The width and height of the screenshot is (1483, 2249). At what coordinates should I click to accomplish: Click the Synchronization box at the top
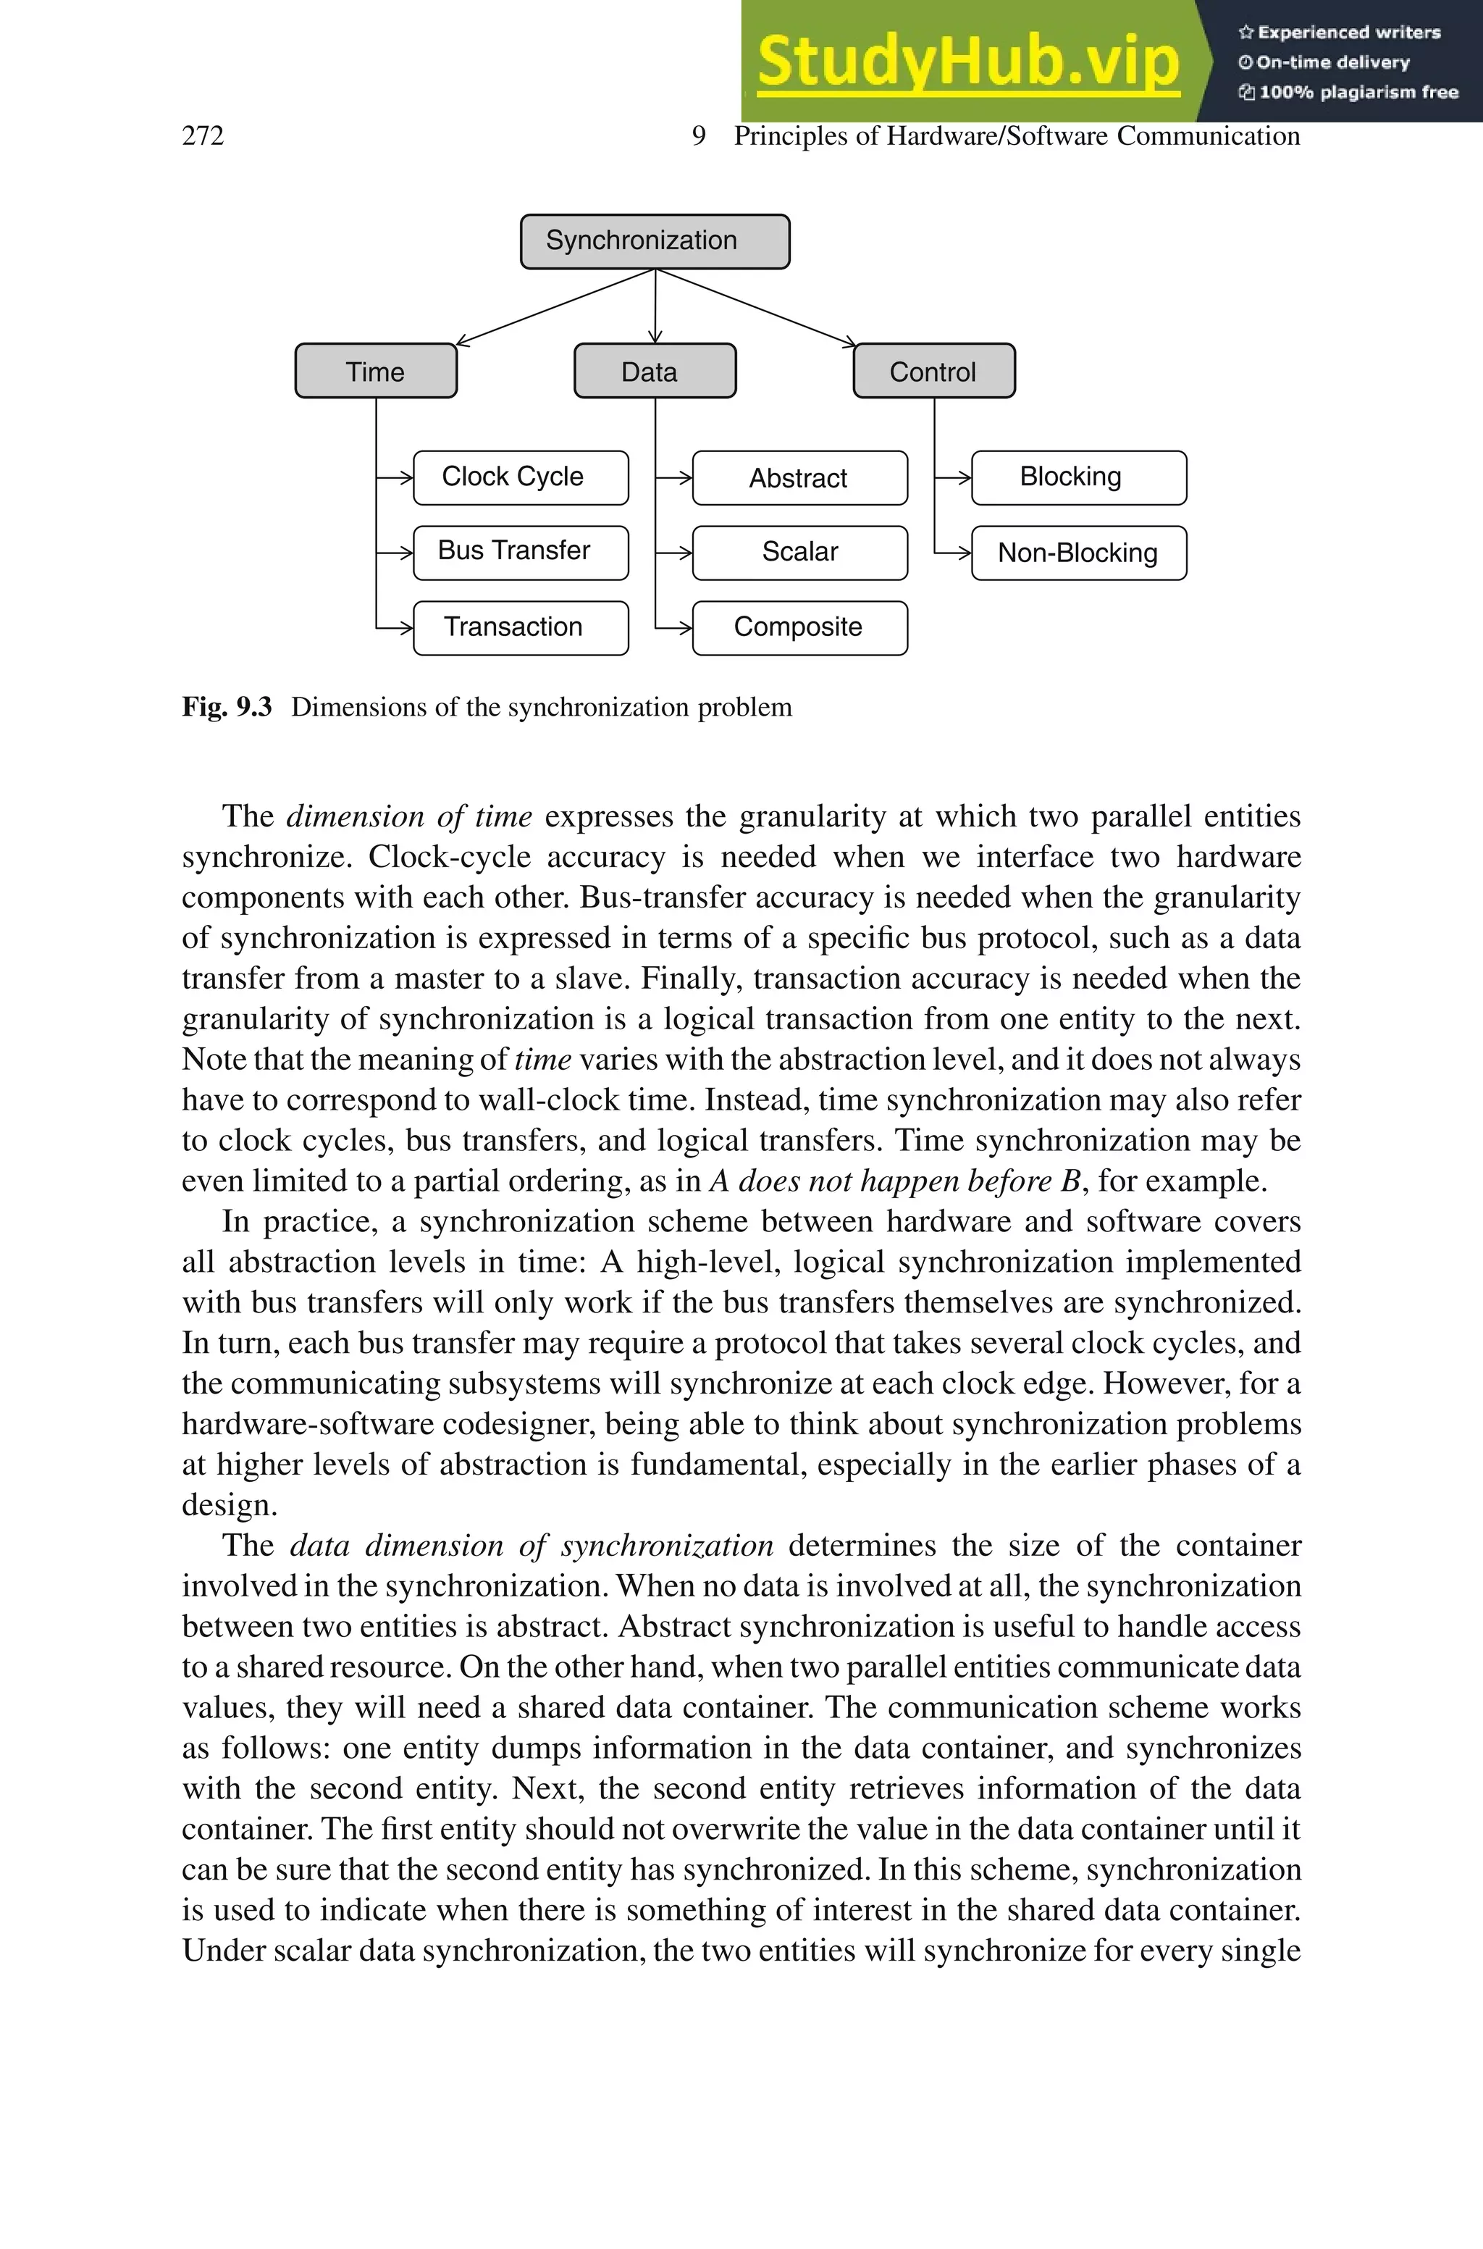pos(655,241)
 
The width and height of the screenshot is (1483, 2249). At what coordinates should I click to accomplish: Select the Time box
pos(376,371)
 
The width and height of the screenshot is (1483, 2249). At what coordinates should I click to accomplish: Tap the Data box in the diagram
pos(655,371)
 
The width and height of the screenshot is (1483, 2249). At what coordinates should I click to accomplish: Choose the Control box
pos(933,371)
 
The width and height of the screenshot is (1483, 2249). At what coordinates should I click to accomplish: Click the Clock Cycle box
pos(520,477)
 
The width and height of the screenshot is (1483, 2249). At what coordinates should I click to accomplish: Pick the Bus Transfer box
pos(520,553)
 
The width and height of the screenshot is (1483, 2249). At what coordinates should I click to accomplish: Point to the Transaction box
pos(520,627)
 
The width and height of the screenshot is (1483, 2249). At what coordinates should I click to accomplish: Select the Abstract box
pos(799,477)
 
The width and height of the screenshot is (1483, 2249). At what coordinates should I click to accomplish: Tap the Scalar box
pos(799,553)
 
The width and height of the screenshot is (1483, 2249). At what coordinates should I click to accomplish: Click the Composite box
pos(799,627)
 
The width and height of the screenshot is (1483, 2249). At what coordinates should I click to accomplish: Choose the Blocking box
pos(1078,477)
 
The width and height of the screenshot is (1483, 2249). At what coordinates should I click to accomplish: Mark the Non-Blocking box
pos(1078,553)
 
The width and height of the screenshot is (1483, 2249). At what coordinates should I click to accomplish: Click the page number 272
pos(203,136)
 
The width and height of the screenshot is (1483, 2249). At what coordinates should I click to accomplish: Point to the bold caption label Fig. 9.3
pos(227,708)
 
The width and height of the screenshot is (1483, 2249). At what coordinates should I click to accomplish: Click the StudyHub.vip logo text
pos(967,62)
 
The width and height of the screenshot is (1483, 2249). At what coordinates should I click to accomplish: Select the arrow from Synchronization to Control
pos(757,307)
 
